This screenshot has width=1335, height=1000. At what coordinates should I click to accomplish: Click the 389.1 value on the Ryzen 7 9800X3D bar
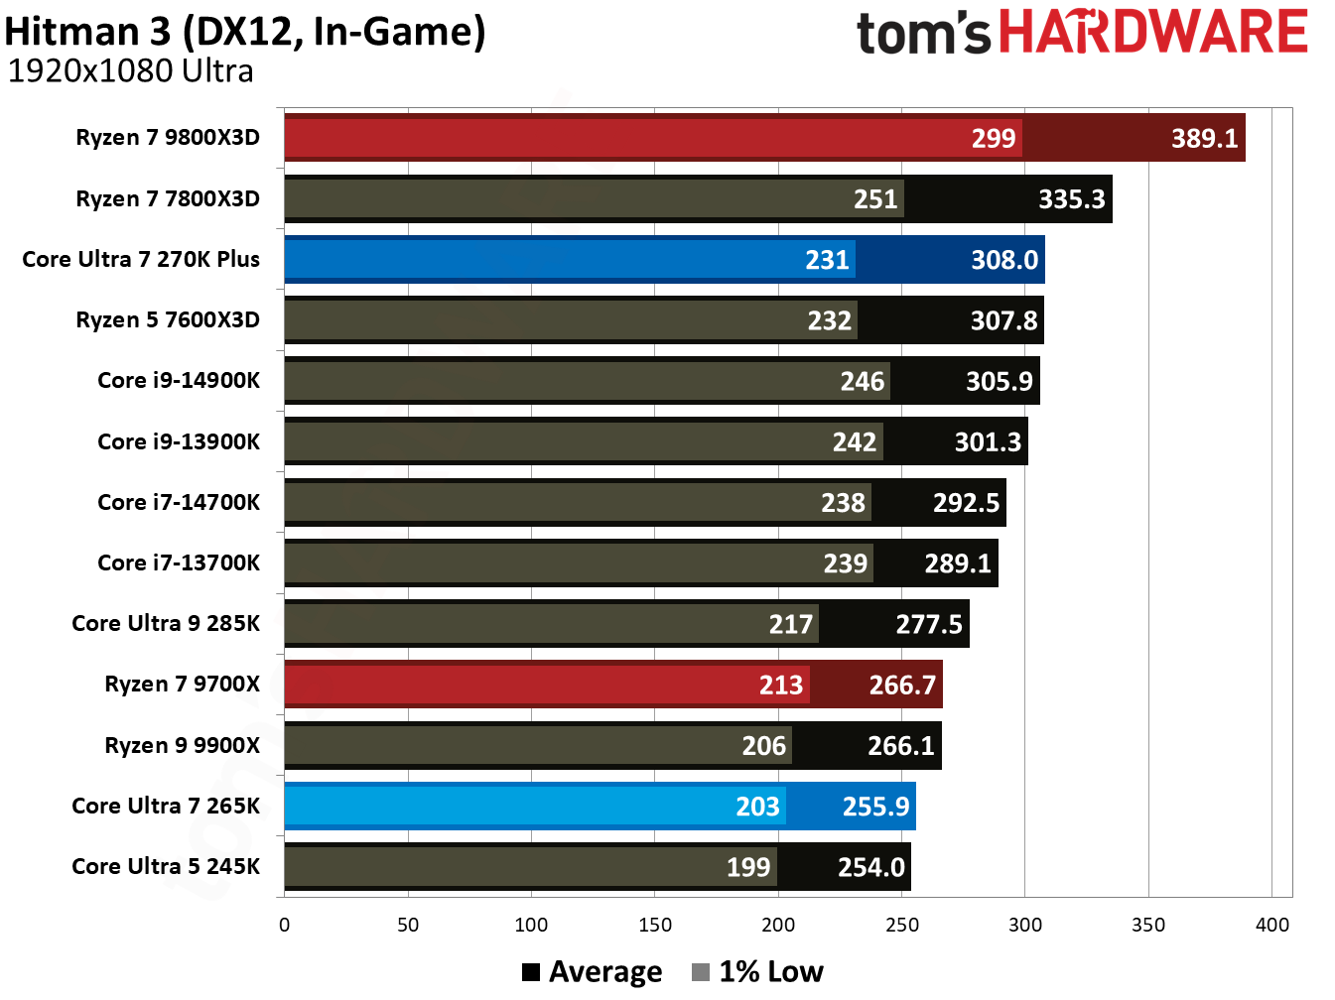1204,138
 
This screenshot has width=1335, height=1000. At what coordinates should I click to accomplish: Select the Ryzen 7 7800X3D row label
168,198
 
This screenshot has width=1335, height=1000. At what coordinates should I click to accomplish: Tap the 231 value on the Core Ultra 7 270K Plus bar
827,260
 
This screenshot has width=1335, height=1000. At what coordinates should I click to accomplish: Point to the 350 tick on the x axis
1148,925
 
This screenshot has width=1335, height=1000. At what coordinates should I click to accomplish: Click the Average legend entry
593,972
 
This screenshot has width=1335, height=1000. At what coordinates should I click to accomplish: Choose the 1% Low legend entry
757,972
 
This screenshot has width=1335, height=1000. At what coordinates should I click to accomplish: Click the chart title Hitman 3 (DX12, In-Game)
245,32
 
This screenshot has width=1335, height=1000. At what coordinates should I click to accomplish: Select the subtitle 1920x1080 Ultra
130,71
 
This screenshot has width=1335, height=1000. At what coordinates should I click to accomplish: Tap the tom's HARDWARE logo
1081,32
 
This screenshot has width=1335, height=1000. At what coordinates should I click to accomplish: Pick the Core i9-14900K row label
179,380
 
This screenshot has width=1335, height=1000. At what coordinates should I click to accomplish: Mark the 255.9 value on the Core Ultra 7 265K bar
875,807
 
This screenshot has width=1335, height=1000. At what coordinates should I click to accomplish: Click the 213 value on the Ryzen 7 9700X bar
780,686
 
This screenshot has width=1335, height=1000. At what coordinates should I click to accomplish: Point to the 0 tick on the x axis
285,925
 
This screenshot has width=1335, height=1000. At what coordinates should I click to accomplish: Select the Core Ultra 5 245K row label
166,866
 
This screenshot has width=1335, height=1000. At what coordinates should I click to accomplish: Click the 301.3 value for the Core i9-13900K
988,442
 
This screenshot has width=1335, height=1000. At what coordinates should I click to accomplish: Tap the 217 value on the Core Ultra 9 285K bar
790,625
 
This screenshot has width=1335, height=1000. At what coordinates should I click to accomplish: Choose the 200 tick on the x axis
778,925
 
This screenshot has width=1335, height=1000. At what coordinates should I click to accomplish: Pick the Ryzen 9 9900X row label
182,745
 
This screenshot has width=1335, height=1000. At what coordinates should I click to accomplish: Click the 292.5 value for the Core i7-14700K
966,503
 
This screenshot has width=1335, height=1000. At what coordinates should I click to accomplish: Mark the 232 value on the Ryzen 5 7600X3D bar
829,321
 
